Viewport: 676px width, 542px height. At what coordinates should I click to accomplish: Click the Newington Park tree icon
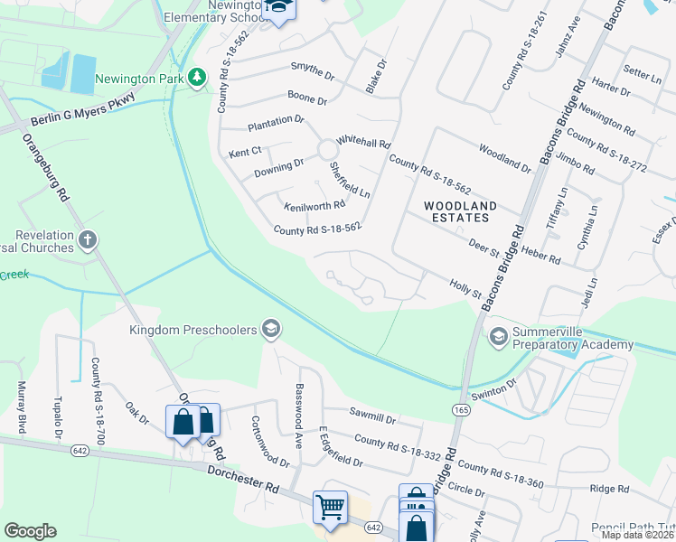point(197,79)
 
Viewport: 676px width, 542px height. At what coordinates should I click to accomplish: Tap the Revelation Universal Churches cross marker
point(87,240)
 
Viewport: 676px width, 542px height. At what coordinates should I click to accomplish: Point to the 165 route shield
point(462,410)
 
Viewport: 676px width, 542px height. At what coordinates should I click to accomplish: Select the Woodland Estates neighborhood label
point(461,212)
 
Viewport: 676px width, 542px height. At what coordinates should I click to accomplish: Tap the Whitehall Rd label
point(362,143)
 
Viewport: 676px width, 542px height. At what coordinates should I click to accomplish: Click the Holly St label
point(465,288)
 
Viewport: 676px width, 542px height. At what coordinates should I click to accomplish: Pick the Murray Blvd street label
point(22,407)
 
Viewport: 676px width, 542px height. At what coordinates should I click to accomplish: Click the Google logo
point(30,531)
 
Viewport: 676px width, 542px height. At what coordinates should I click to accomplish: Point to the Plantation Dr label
point(277,119)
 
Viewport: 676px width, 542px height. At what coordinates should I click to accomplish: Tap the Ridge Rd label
point(608,489)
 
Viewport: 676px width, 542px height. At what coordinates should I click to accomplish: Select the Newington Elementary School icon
point(279,9)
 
